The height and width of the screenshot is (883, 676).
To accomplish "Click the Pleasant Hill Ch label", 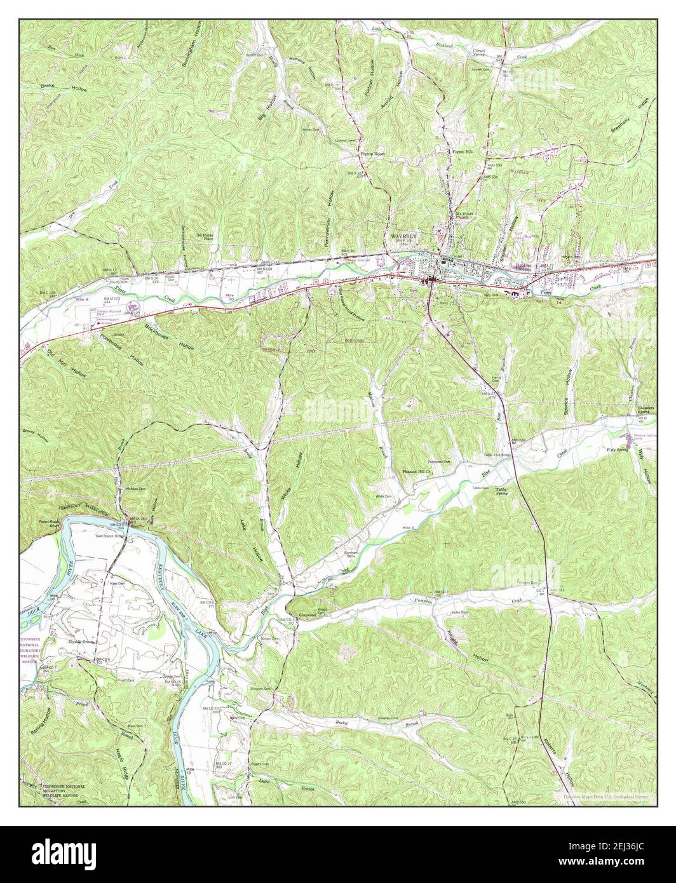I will [x=417, y=472].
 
